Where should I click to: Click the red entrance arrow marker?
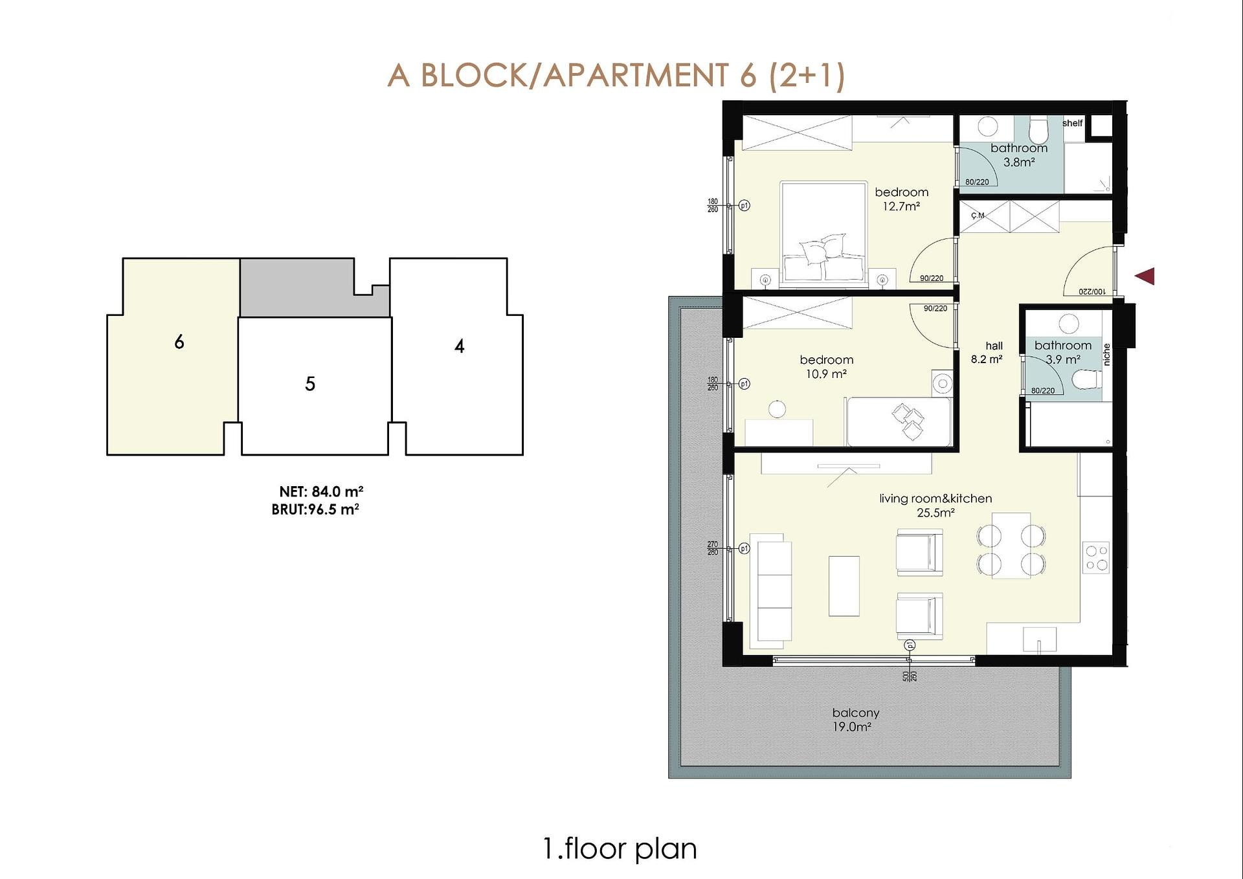(1146, 276)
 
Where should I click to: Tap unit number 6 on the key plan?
(179, 342)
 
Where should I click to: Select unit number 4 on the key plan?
(459, 346)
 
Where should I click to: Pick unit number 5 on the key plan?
(310, 384)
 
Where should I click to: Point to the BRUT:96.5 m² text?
(315, 509)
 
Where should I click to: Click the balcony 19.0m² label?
(855, 719)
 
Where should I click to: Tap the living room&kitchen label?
(935, 498)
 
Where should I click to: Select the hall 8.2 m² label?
(987, 353)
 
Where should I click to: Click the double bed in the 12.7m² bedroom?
(823, 234)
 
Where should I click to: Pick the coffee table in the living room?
(844, 586)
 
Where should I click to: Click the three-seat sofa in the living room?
(770, 591)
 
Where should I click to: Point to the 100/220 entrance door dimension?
(1092, 292)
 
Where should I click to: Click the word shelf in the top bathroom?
(1072, 123)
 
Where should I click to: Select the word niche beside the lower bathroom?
(1106, 354)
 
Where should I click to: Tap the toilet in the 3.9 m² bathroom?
(1087, 380)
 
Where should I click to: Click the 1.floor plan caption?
(620, 849)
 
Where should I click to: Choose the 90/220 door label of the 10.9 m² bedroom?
(935, 309)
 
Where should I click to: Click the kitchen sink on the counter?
(1040, 640)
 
